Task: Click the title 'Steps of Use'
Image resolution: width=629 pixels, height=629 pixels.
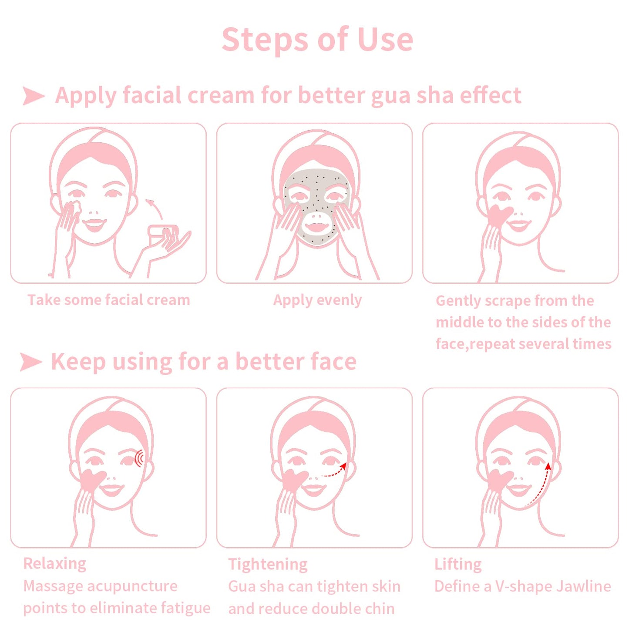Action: tap(317, 40)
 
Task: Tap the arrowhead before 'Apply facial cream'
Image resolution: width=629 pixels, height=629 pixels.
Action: tap(33, 96)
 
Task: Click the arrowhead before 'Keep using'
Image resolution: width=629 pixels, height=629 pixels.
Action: tap(30, 362)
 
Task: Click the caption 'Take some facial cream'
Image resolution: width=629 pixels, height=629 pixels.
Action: tap(108, 300)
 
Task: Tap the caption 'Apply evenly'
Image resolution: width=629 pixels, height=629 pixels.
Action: tap(317, 300)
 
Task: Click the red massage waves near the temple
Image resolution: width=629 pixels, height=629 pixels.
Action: tap(140, 458)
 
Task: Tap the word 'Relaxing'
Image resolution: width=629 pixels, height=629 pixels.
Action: tap(55, 563)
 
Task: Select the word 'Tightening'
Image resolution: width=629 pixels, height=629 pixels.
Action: tap(268, 564)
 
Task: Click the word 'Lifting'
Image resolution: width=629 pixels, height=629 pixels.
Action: tap(458, 564)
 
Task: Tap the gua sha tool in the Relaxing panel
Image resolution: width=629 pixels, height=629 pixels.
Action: tap(93, 481)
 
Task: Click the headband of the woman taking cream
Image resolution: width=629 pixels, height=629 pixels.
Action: tap(94, 159)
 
